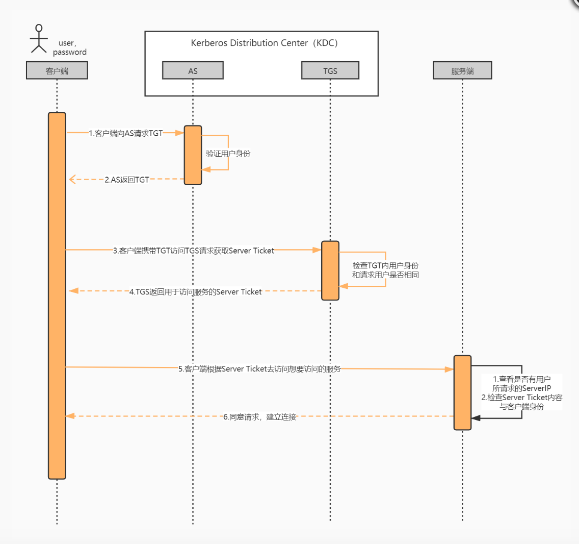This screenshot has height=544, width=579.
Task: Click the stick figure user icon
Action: coord(39,39)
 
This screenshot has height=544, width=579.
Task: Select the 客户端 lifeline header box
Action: coord(57,70)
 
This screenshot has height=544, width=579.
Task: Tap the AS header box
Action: coord(193,70)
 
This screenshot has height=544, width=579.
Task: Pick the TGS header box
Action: coord(330,70)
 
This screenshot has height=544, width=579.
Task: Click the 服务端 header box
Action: coord(462,70)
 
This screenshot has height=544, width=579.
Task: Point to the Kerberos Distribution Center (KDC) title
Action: coord(264,43)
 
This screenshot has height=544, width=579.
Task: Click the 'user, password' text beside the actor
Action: coord(69,47)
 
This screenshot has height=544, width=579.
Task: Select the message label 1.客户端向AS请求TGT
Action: coord(126,133)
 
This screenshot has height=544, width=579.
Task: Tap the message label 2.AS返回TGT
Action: coord(127,180)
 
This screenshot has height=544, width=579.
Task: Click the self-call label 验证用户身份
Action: coord(228,153)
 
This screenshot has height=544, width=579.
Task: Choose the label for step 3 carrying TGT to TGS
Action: coord(194,251)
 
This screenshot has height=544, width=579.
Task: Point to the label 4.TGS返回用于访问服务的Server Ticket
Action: coord(196,292)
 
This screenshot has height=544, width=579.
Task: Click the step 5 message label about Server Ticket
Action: coord(259,368)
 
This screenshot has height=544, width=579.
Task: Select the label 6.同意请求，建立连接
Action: coord(260,417)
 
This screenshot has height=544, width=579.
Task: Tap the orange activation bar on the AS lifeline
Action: coord(193,155)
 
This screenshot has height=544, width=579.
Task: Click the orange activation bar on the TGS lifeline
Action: coord(330,270)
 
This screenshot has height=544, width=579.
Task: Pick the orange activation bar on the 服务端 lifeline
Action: coord(462,392)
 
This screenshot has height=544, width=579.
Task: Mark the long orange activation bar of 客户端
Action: coord(57,296)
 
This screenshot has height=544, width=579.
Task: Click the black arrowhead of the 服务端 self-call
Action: coord(476,418)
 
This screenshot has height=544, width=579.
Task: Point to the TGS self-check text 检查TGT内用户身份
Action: coord(385,265)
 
